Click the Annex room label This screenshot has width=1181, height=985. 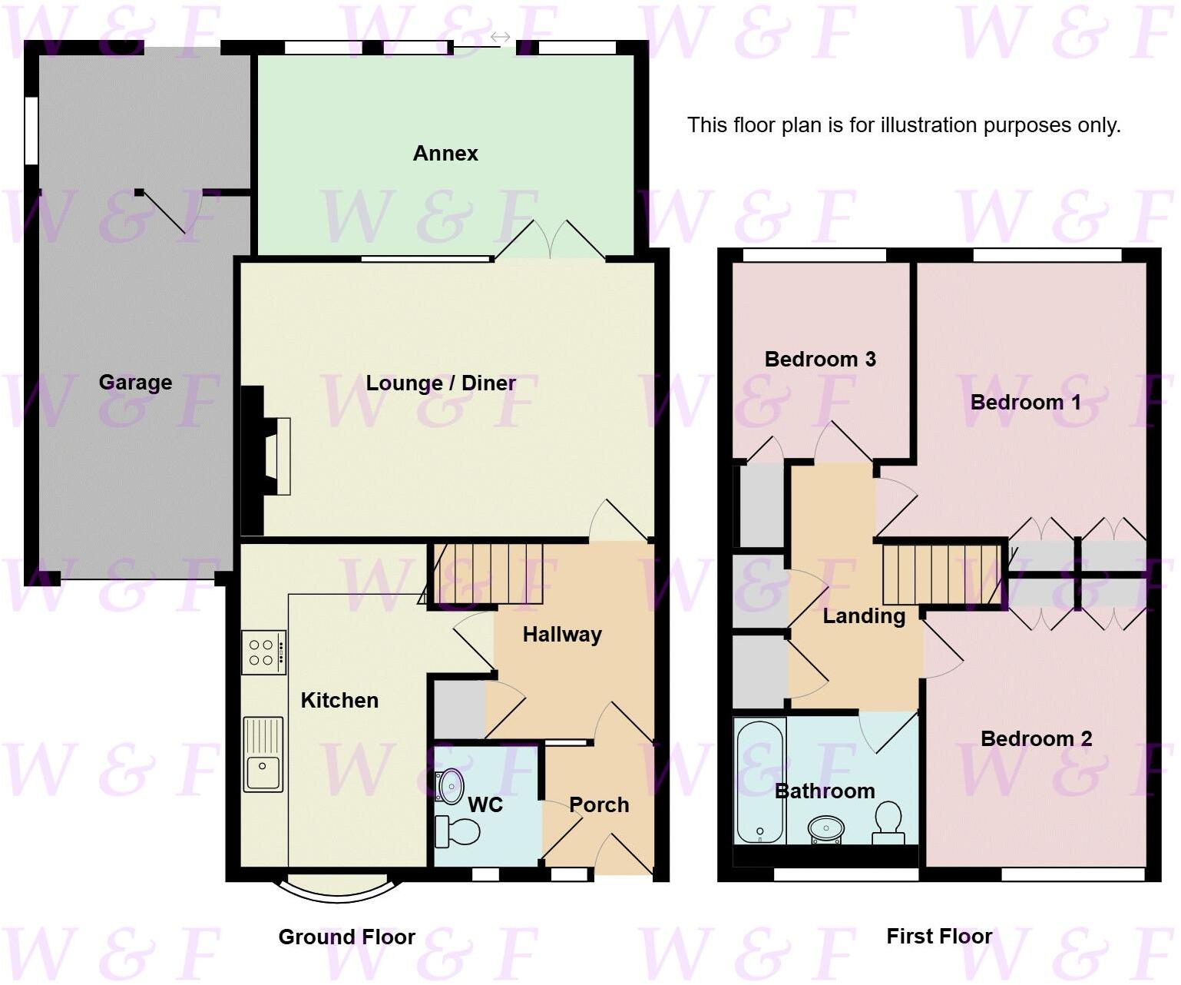click(445, 154)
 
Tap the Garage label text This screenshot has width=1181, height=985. click(135, 383)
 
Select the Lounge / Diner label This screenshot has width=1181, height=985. click(441, 383)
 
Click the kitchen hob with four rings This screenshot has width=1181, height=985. click(263, 652)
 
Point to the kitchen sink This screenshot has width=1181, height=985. click(263, 755)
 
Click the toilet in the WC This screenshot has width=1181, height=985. click(458, 831)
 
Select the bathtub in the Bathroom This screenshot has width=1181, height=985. click(759, 780)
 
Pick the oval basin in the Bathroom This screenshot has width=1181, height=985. click(826, 829)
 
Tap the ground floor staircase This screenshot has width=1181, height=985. click(486, 574)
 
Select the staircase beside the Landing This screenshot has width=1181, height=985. click(942, 575)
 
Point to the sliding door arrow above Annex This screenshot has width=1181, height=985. click(501, 37)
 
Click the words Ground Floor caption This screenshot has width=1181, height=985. click(346, 937)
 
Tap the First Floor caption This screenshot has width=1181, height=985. click(939, 936)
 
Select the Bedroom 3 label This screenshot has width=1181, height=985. click(820, 360)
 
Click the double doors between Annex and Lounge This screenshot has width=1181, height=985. click(550, 239)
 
